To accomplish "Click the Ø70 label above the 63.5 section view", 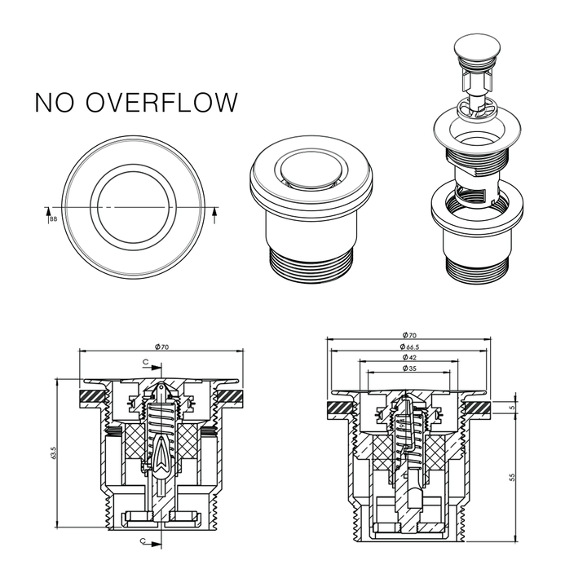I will (x=162, y=347).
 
